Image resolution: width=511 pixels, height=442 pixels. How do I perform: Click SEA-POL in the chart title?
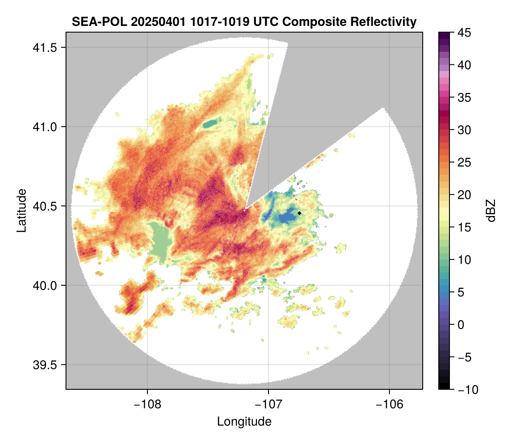pos(93,21)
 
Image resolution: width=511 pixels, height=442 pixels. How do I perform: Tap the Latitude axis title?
pos(21,210)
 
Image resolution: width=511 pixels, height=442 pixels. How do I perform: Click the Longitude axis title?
pos(244,421)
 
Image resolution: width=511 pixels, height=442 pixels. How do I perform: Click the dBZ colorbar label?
pos(491,210)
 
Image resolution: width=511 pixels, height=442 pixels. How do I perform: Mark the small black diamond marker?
pos(300,213)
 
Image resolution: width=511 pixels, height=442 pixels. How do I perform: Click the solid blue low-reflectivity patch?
pos(287,217)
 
